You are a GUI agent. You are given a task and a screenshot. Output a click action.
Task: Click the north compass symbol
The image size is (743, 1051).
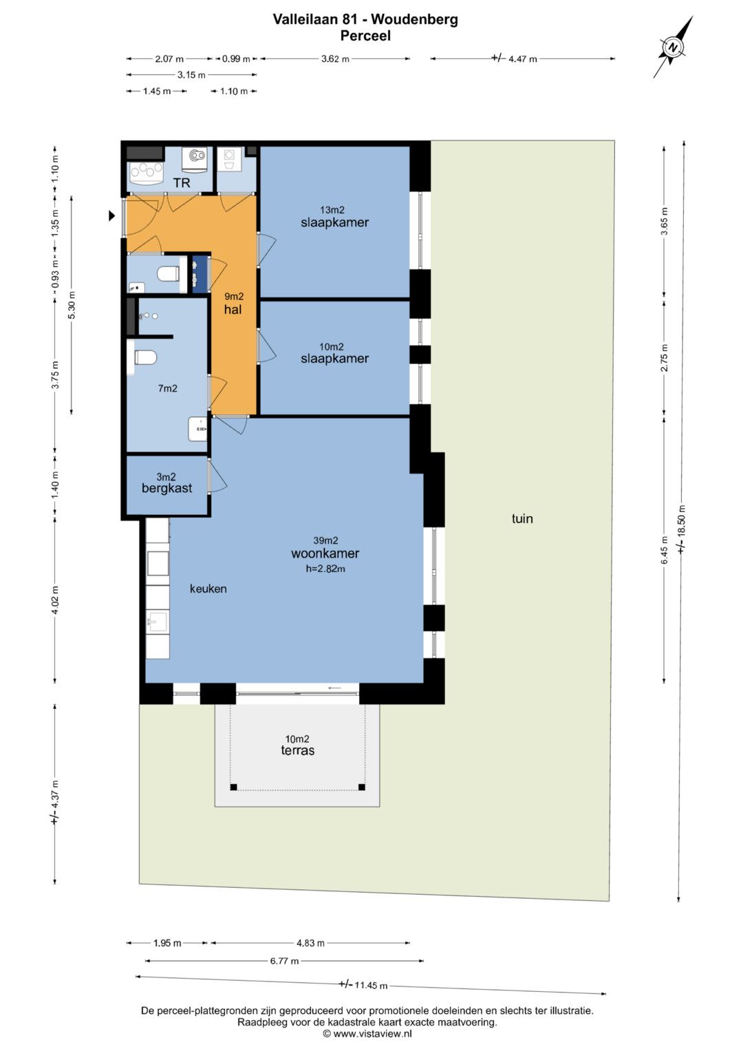674,47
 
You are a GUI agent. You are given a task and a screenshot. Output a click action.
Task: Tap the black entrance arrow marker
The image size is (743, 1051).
111,216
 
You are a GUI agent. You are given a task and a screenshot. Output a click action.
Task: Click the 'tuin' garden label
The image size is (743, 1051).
522,518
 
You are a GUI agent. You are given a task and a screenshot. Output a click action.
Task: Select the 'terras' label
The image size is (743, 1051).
298,750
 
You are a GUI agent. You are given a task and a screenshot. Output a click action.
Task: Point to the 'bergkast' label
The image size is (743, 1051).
167,489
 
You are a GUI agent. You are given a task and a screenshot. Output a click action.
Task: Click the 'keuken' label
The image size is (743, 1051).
208,589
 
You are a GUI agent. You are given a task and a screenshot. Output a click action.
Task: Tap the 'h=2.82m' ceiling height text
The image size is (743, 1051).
325,569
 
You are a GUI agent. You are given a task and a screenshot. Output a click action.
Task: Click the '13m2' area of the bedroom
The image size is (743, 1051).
332,210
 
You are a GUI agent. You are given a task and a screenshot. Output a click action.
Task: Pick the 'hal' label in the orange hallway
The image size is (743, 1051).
233,310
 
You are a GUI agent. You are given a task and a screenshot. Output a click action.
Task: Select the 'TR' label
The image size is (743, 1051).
182,183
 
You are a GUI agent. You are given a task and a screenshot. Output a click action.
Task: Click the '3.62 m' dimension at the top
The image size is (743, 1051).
335,59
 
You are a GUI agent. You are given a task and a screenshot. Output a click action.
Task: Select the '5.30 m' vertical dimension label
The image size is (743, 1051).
72,305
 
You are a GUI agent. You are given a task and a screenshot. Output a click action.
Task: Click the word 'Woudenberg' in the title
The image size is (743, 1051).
415,20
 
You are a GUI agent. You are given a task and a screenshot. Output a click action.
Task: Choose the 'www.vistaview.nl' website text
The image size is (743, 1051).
372,1034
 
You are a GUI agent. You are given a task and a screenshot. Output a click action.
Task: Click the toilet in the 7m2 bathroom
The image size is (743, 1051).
145,358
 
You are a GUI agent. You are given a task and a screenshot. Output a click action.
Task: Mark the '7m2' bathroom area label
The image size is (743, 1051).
167,388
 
